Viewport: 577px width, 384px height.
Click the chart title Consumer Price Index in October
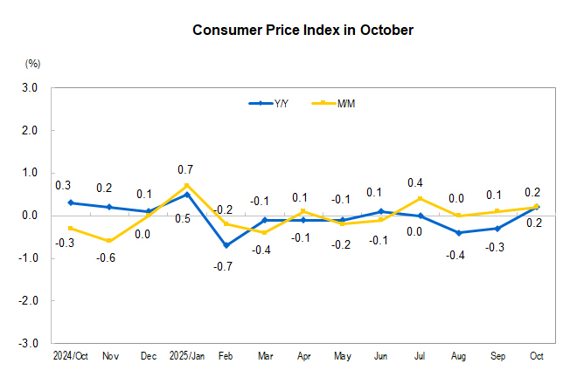pyautogui.click(x=302, y=31)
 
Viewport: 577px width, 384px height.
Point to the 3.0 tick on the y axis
pyautogui.click(x=30, y=88)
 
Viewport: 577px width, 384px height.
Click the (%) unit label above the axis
pyautogui.click(x=33, y=64)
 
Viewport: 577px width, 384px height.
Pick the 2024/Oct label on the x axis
pyautogui.click(x=69, y=357)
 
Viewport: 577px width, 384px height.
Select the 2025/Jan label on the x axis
pyautogui.click(x=186, y=357)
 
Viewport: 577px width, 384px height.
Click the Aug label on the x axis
pyautogui.click(x=459, y=357)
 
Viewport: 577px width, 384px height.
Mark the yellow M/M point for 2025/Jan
pyautogui.click(x=187, y=186)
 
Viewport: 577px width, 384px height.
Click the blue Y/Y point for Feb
pyautogui.click(x=226, y=245)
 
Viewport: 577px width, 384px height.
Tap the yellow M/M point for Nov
pyautogui.click(x=108, y=241)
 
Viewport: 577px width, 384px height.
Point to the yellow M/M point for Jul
pyautogui.click(x=420, y=198)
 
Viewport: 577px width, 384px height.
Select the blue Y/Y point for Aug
pyautogui.click(x=459, y=233)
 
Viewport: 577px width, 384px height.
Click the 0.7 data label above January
pyautogui.click(x=185, y=169)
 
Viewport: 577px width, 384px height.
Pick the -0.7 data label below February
pyautogui.click(x=224, y=265)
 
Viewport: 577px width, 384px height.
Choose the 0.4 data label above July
pyautogui.click(x=415, y=182)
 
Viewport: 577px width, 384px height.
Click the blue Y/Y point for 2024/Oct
pyautogui.click(x=70, y=202)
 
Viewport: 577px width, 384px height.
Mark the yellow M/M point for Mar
pyautogui.click(x=264, y=232)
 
